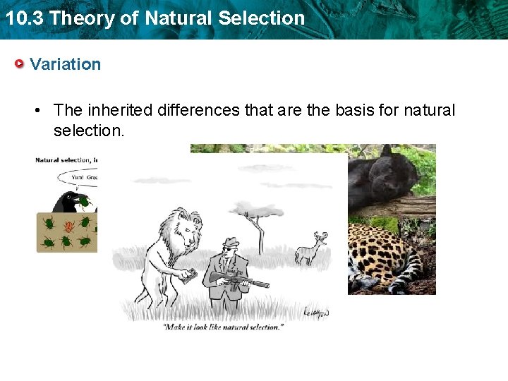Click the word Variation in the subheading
tap(66, 64)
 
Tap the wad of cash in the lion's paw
tap(188, 277)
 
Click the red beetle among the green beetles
tap(69, 227)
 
